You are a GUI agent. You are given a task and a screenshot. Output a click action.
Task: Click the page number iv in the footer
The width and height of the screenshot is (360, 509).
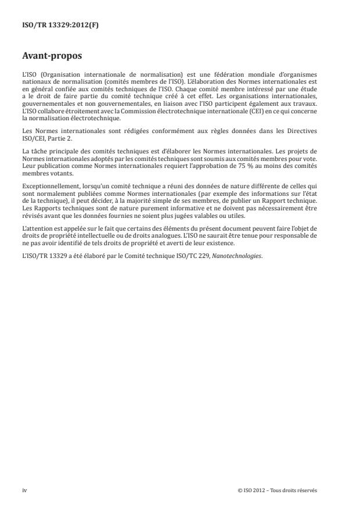pos(24,490)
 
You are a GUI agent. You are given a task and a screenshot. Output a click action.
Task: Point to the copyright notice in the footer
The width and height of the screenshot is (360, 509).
pos(278,490)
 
